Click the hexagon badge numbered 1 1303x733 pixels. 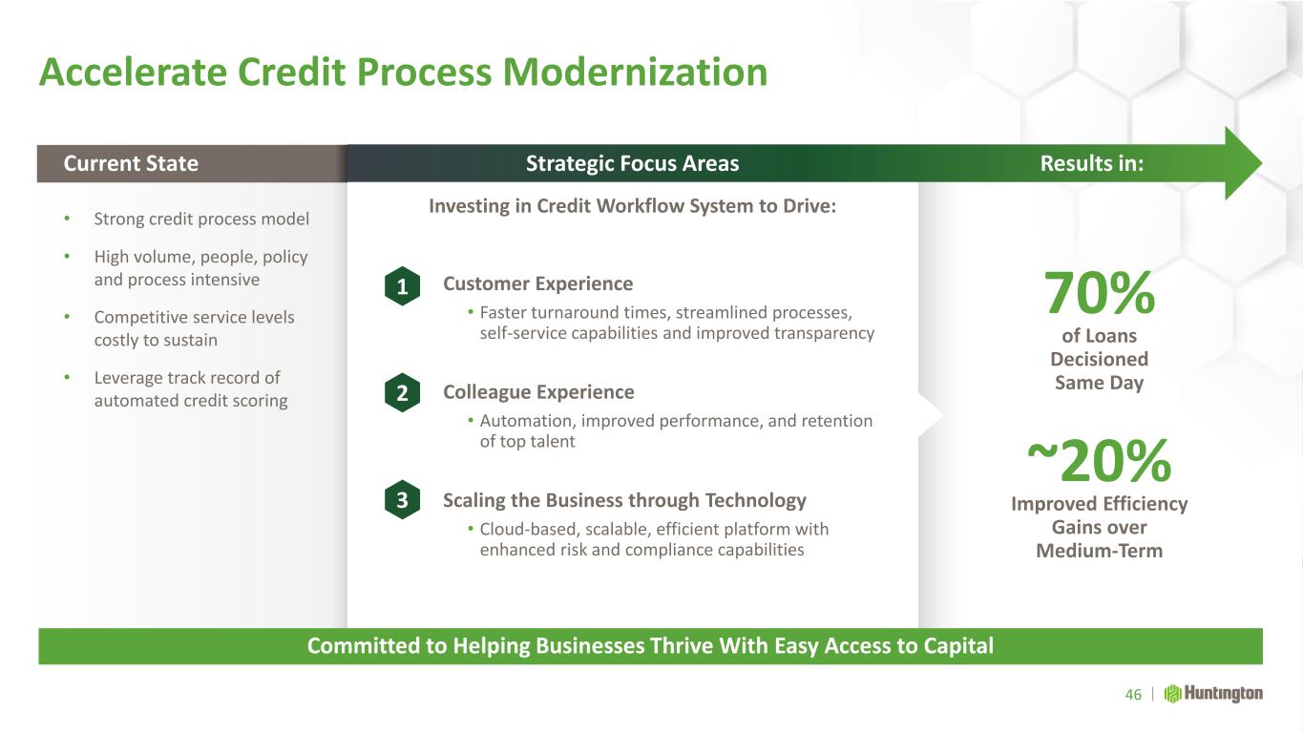tap(402, 286)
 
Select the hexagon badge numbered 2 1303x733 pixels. tap(402, 392)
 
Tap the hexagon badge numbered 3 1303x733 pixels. tap(402, 500)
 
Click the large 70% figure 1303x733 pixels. tap(1100, 293)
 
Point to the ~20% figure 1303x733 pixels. tap(1100, 461)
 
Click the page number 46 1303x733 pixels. tap(1133, 694)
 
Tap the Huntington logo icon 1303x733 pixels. tap(1172, 694)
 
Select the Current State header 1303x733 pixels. tap(131, 163)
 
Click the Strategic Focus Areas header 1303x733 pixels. tap(632, 163)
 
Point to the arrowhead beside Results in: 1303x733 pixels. tap(1243, 163)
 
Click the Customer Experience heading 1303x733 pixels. tap(538, 283)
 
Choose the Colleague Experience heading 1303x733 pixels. tap(538, 392)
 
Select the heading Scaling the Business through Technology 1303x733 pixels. tap(624, 500)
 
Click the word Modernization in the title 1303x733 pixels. tap(635, 73)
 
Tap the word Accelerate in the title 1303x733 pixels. tap(134, 73)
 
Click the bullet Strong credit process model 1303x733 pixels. tap(201, 220)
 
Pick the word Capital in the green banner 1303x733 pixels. tap(958, 646)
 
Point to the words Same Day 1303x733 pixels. tap(1100, 383)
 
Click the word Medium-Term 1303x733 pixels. tap(1100, 551)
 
